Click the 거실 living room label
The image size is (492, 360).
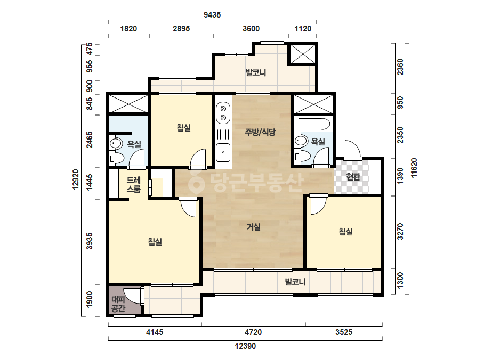click(x=254, y=227)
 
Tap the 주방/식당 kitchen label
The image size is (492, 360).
click(x=260, y=132)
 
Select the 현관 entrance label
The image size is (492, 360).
click(x=353, y=177)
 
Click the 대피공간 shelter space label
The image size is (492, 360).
click(x=118, y=304)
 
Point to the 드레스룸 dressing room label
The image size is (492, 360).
click(x=133, y=185)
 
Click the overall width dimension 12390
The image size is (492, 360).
click(x=245, y=346)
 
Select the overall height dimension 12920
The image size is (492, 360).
click(x=76, y=179)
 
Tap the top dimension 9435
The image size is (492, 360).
click(x=212, y=15)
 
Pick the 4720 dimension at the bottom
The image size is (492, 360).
click(x=253, y=332)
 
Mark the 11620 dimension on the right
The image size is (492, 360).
click(x=415, y=168)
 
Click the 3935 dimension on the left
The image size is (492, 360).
click(x=90, y=241)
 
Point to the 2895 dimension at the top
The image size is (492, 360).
click(x=181, y=29)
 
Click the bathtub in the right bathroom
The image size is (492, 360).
click(x=314, y=124)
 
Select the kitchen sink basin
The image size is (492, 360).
click(x=223, y=153)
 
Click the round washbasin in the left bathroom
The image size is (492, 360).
click(x=115, y=144)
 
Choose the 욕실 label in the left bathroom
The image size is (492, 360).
click(x=134, y=144)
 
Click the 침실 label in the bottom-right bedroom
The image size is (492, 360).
click(x=346, y=232)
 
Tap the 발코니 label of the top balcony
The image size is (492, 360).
click(x=256, y=73)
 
